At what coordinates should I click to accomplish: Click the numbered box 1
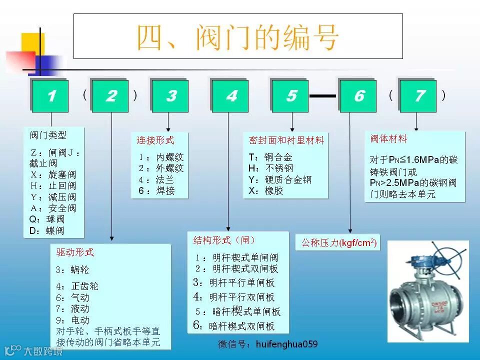tap(50, 95)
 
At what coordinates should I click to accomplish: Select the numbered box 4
tap(230, 95)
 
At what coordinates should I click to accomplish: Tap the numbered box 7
tap(419, 95)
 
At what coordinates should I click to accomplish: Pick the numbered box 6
tap(358, 95)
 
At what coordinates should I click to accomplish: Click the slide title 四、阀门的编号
tap(238, 36)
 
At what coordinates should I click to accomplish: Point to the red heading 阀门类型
tap(48, 135)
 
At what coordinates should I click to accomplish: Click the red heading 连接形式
tap(155, 140)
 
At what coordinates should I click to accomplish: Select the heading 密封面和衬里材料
tap(286, 140)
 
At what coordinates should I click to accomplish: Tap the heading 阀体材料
tap(389, 138)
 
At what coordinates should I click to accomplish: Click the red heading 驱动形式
tap(75, 252)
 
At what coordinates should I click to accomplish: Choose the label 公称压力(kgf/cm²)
tap(338, 243)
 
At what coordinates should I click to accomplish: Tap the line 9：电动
tap(72, 320)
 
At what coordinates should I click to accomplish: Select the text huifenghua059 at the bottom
tap(286, 344)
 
